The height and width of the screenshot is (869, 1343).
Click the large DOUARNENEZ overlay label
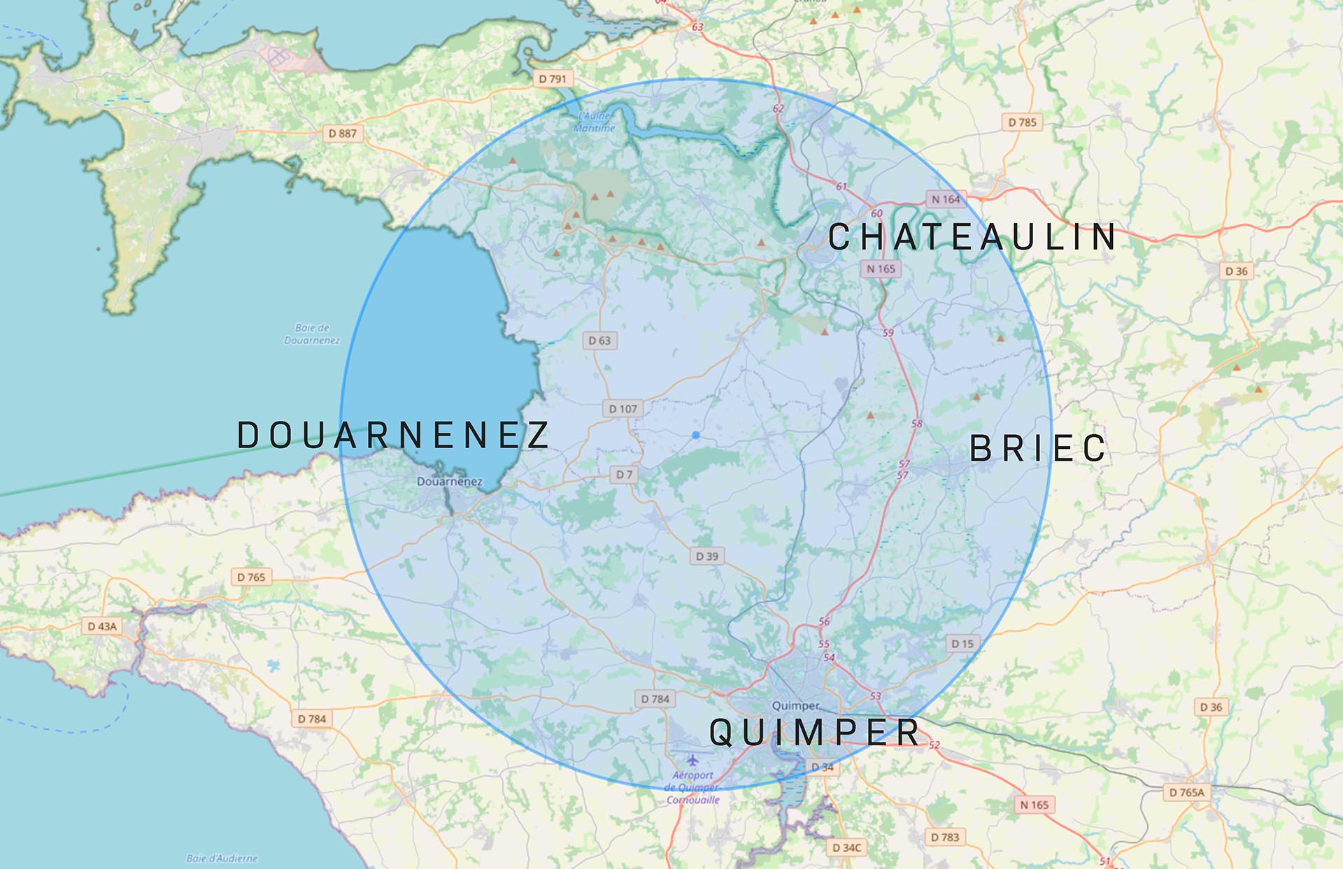pyautogui.click(x=394, y=435)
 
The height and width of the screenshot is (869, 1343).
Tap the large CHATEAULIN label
pyautogui.click(x=972, y=237)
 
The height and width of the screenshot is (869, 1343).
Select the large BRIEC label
pyautogui.click(x=1038, y=448)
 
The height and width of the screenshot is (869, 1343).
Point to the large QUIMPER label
pyautogui.click(x=815, y=732)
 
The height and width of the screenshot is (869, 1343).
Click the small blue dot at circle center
pyautogui.click(x=696, y=435)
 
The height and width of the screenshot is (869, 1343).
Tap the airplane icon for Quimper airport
pyautogui.click(x=692, y=760)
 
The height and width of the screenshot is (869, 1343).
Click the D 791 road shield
pyautogui.click(x=552, y=79)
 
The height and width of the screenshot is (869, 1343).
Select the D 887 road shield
pyautogui.click(x=343, y=134)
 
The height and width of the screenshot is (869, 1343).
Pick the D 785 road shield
pyautogui.click(x=1022, y=122)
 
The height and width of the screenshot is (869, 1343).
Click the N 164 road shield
pyautogui.click(x=946, y=199)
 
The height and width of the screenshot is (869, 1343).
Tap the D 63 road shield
pyautogui.click(x=599, y=340)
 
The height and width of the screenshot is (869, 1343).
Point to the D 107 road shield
pyautogui.click(x=623, y=409)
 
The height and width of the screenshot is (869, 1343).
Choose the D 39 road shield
pyautogui.click(x=706, y=556)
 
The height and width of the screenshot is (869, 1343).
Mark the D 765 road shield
pyautogui.click(x=251, y=577)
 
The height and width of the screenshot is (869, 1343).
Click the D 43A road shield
pyautogui.click(x=102, y=626)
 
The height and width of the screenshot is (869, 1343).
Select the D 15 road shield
pyautogui.click(x=962, y=644)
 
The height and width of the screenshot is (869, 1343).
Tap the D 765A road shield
pyautogui.click(x=1187, y=792)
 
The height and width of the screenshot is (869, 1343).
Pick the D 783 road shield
pyautogui.click(x=945, y=837)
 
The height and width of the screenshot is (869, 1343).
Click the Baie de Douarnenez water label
pyautogui.click(x=312, y=334)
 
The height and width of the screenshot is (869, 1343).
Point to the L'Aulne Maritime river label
pyautogui.click(x=595, y=122)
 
